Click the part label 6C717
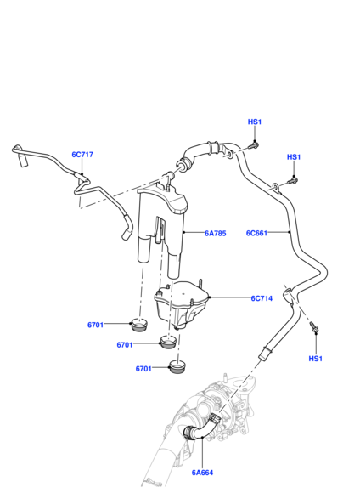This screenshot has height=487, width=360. (82, 155)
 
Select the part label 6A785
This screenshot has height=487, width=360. (216, 233)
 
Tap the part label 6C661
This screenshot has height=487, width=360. (256, 233)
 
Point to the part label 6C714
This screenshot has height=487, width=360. (262, 298)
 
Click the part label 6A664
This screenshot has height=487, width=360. (202, 473)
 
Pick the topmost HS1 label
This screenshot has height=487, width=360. (255, 122)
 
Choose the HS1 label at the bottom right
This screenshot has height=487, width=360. (315, 359)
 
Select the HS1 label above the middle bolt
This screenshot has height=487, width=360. (294, 157)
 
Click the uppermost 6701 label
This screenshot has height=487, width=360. (95, 325)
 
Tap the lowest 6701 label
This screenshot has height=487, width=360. (143, 369)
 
